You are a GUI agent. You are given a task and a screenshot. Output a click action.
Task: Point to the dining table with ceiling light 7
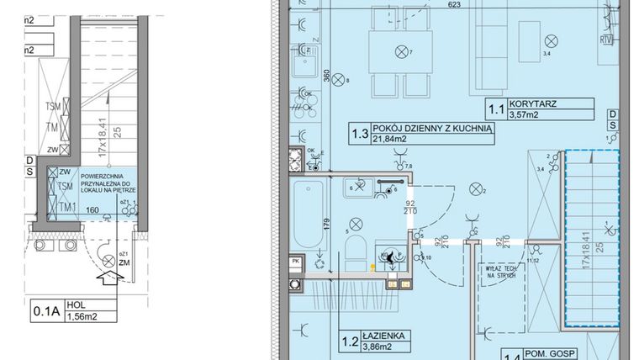point(398,53)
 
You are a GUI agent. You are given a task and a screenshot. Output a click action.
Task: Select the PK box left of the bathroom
point(295,262)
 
